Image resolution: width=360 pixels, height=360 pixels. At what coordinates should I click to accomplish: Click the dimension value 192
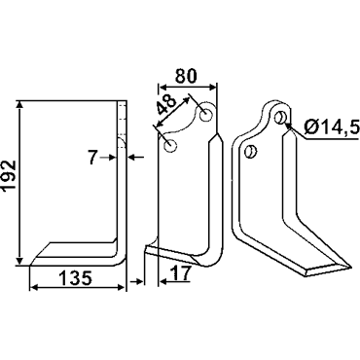tap(9, 178)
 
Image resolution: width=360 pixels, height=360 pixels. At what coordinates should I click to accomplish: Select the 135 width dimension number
tap(76, 278)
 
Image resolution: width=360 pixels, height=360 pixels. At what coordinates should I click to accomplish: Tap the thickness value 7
tap(93, 158)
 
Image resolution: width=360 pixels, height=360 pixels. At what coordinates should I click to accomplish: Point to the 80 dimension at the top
tap(186, 77)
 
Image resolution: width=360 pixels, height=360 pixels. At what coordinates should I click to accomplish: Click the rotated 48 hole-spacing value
tap(165, 105)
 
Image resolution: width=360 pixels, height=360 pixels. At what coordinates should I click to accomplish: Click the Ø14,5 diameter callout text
tap(332, 126)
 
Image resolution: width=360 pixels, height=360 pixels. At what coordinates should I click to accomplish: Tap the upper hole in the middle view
tap(205, 115)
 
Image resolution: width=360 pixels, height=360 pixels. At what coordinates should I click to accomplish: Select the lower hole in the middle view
tap(170, 146)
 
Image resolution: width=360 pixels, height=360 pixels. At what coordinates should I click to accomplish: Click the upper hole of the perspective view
tap(280, 117)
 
